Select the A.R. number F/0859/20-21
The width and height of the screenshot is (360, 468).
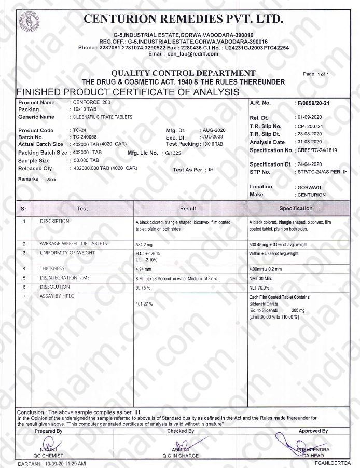point(312,103)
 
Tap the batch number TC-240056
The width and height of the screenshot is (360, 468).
point(86,137)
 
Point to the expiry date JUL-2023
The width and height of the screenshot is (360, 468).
point(212,137)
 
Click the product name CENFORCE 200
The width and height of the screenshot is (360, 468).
point(92,103)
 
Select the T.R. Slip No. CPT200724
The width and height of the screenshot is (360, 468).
point(309,126)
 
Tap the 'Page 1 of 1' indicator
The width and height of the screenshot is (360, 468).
point(316,74)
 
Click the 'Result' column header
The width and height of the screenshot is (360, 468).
point(188,209)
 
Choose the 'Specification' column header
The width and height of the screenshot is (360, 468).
point(296,208)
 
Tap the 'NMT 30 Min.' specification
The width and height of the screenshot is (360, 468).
point(262,278)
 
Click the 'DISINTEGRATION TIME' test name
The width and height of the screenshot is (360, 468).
point(65,278)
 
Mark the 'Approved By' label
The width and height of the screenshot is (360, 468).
point(313,431)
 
